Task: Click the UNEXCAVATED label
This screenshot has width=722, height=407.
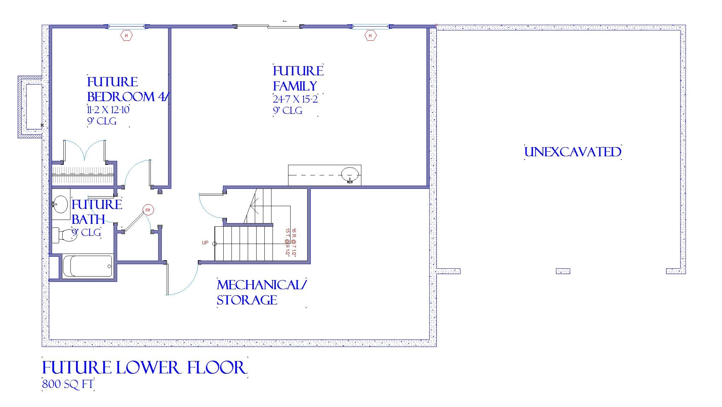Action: point(573,152)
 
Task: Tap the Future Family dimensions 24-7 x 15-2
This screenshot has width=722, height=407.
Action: point(295,99)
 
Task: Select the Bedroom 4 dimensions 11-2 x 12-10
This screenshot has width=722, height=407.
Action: point(108,110)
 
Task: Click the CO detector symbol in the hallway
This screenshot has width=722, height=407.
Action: point(148,210)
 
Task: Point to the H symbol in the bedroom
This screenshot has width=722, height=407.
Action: point(126,36)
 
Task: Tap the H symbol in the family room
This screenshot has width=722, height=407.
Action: point(370,36)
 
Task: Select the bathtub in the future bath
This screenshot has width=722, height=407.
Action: point(88,266)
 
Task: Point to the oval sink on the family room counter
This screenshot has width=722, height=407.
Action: point(350,175)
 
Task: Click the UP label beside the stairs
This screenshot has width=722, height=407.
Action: point(205,243)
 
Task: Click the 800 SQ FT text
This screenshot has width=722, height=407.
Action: point(68,384)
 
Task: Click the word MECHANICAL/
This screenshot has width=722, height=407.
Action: point(262,285)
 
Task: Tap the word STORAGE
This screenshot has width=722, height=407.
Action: point(247,300)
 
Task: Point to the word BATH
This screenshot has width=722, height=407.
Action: point(88,220)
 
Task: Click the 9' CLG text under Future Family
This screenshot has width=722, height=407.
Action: point(287,111)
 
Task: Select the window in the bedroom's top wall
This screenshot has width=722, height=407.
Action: point(126,26)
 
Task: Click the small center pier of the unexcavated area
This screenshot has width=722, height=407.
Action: point(563,271)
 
